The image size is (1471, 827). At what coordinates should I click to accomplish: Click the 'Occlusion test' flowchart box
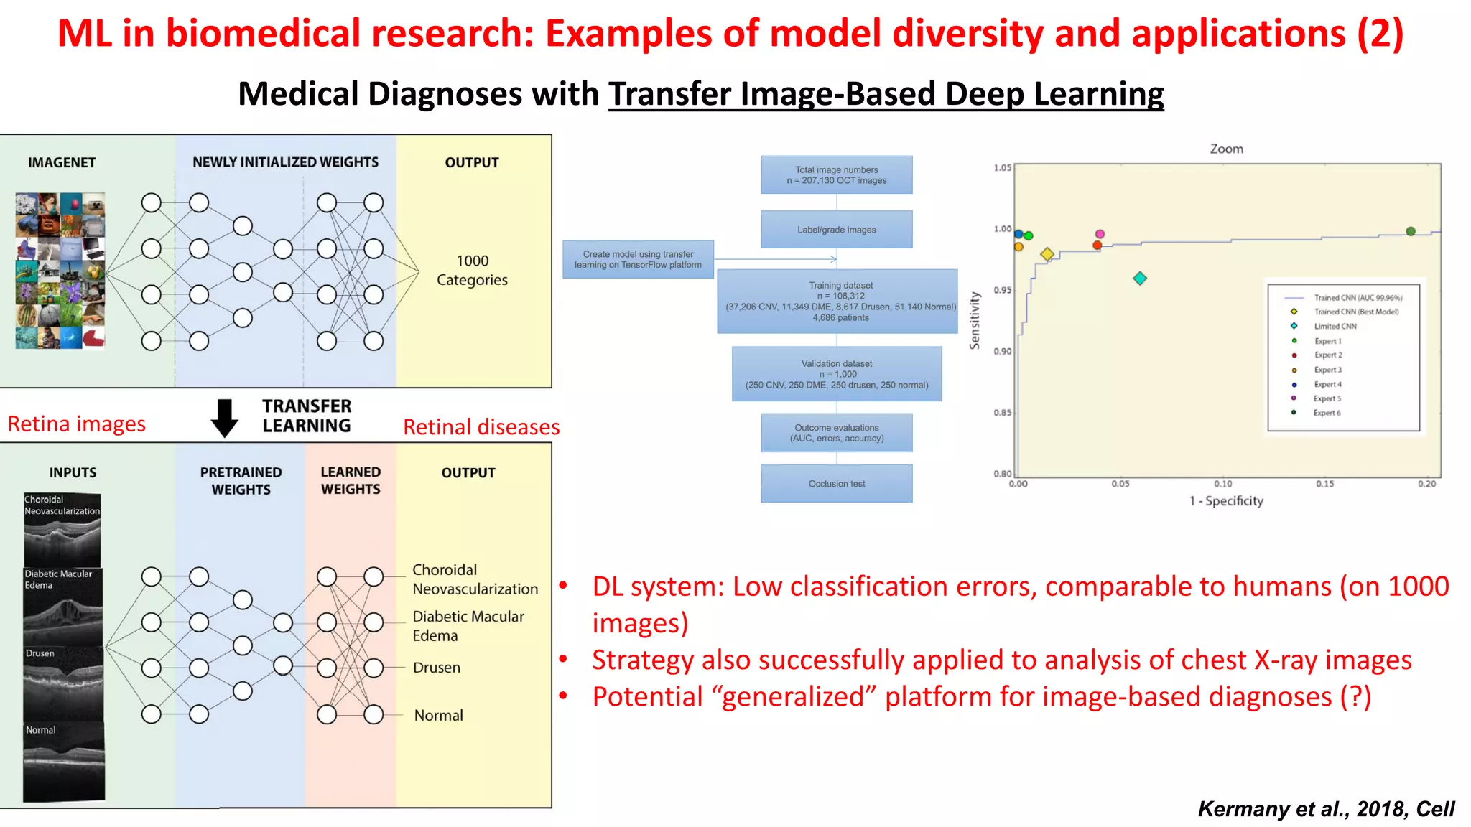(x=837, y=483)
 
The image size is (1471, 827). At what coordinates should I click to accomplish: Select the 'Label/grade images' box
(x=837, y=230)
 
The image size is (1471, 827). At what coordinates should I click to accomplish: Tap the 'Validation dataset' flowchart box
(x=837, y=374)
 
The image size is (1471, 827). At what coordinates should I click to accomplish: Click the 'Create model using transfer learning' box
(x=638, y=259)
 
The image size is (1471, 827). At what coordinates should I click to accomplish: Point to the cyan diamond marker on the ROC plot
(x=1140, y=279)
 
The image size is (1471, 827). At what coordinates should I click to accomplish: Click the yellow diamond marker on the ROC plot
(x=1047, y=254)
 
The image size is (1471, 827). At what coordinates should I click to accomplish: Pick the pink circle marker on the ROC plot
(x=1100, y=234)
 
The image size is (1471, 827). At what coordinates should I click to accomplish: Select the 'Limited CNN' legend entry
(x=1335, y=326)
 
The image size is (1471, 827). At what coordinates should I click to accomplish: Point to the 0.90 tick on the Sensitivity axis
(x=1003, y=351)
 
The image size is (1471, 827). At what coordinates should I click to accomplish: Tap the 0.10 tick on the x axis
(x=1223, y=484)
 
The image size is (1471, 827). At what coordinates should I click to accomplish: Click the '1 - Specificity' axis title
(x=1226, y=501)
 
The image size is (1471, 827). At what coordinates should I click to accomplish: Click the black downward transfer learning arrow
(x=225, y=418)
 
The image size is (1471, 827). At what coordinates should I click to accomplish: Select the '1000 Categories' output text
(x=472, y=271)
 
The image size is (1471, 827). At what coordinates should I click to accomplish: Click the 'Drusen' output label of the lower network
(x=436, y=668)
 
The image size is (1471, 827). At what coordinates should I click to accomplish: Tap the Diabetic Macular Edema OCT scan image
(x=62, y=607)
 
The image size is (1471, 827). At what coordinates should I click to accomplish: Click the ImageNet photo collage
(x=60, y=271)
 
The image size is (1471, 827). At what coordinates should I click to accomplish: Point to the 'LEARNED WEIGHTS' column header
(x=351, y=480)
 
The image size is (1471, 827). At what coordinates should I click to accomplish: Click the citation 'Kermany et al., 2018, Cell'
(x=1325, y=809)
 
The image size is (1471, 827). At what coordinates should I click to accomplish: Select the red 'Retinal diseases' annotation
(x=481, y=427)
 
